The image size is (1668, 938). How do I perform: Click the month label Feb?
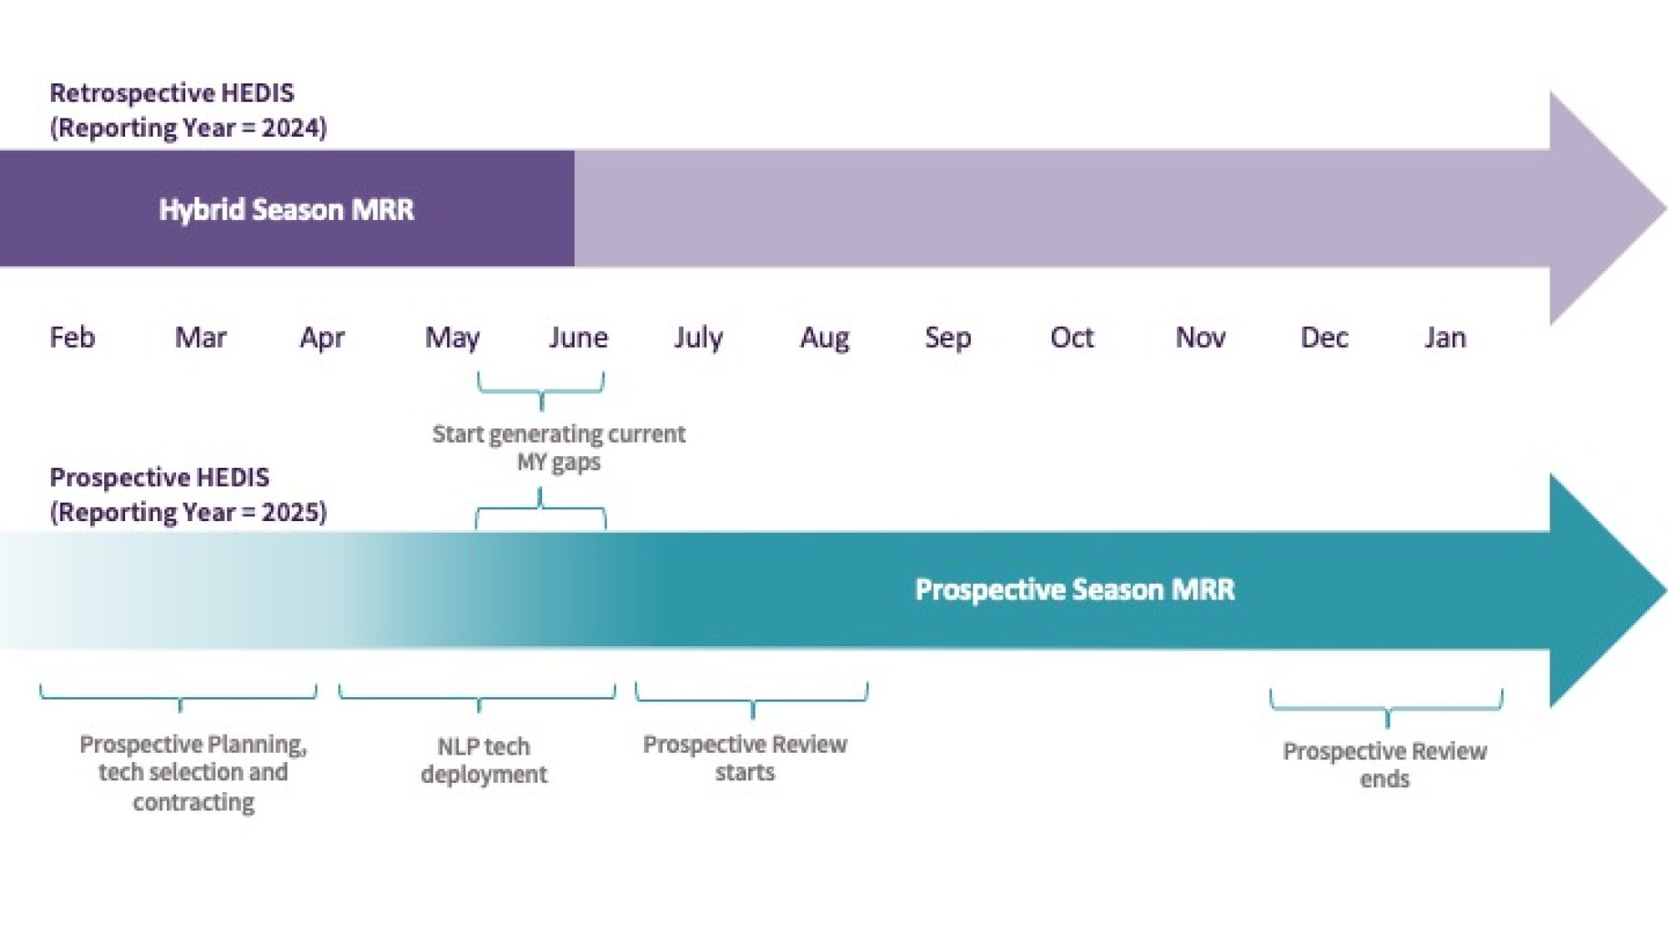[x=73, y=338]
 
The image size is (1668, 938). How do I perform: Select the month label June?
[x=578, y=338]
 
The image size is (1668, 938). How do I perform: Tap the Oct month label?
[x=1072, y=338]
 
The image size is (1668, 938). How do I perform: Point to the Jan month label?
[x=1445, y=338]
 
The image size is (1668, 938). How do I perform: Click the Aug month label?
[x=824, y=338]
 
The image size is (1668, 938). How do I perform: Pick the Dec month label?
[x=1324, y=338]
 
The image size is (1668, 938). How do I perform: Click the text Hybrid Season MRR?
[x=286, y=209]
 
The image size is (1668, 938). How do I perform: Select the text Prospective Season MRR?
[x=1074, y=589]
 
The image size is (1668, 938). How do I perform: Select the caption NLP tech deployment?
[x=484, y=760]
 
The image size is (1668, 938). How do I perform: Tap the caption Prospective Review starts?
[x=745, y=757]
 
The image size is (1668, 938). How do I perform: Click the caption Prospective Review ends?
[x=1384, y=765]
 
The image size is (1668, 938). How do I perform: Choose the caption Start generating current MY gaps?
[x=558, y=447]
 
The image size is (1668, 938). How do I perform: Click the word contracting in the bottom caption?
[x=193, y=802]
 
